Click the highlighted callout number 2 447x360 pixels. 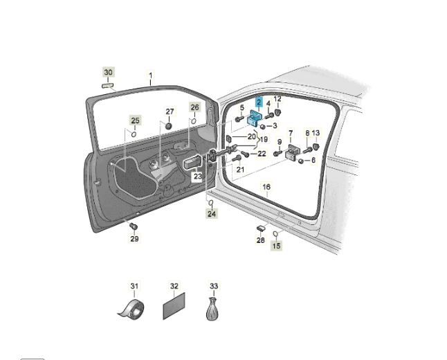pos(258,102)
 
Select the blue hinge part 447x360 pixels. pos(255,118)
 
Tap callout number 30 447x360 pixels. pos(108,72)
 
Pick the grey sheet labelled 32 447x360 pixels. pos(174,306)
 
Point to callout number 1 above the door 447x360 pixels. pos(151,75)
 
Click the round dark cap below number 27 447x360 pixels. pos(169,126)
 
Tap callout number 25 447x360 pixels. pos(135,120)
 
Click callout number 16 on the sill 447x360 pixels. pos(266,187)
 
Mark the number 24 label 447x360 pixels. pos(211,214)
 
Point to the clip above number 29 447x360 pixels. pos(134,226)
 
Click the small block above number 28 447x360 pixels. pos(262,227)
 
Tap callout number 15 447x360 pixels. pos(276,245)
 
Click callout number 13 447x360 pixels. pos(316,132)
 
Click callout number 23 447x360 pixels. pos(197,177)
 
